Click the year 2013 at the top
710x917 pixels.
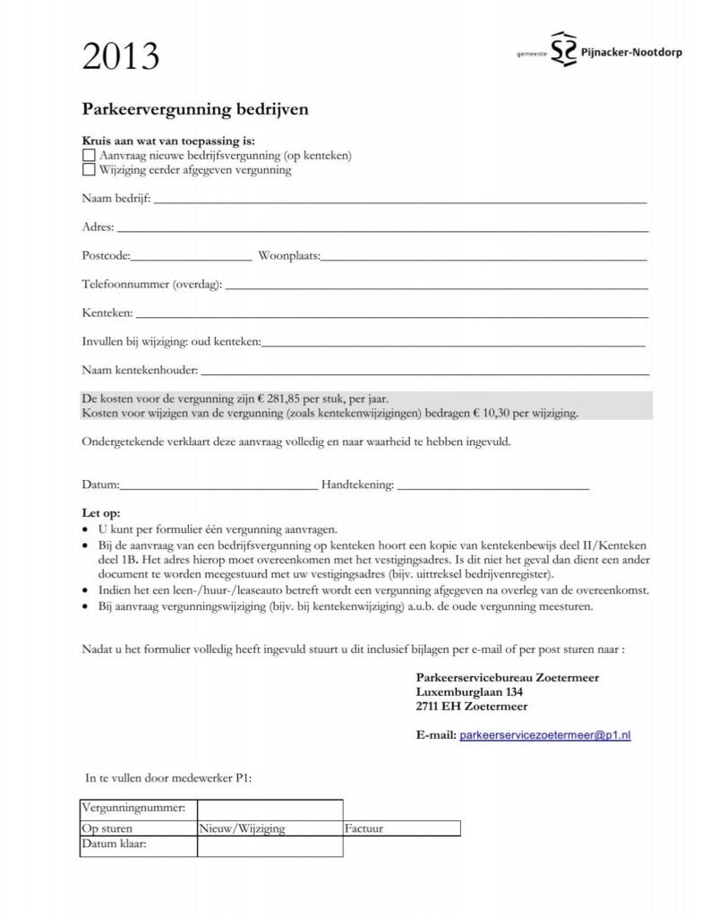(120, 57)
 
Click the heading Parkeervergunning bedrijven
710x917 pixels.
(195, 109)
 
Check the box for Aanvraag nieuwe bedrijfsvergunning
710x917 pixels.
(88, 156)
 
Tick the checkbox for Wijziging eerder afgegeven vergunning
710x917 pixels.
(88, 169)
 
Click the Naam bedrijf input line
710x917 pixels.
(400, 201)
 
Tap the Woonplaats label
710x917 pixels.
(288, 256)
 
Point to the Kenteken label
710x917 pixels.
(107, 313)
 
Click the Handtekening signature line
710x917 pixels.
(492, 487)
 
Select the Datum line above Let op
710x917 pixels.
(218, 487)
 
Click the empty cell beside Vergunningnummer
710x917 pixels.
(269, 809)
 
